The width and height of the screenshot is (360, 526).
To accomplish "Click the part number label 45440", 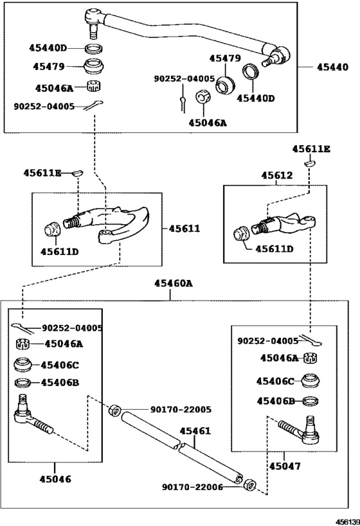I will (x=333, y=66).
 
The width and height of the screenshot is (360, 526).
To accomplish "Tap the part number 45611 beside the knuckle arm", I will (x=185, y=228).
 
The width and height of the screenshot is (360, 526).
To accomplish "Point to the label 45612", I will (x=276, y=175).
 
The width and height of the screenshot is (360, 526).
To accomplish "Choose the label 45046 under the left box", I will (x=55, y=478).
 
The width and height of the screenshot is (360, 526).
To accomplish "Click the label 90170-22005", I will (x=181, y=409).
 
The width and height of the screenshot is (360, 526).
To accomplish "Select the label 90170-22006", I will (x=192, y=487).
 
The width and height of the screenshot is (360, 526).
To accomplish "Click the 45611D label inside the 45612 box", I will (x=274, y=249).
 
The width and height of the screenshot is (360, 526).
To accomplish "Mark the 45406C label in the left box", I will (x=59, y=365).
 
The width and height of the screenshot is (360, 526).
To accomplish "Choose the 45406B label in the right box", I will (x=275, y=401).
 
